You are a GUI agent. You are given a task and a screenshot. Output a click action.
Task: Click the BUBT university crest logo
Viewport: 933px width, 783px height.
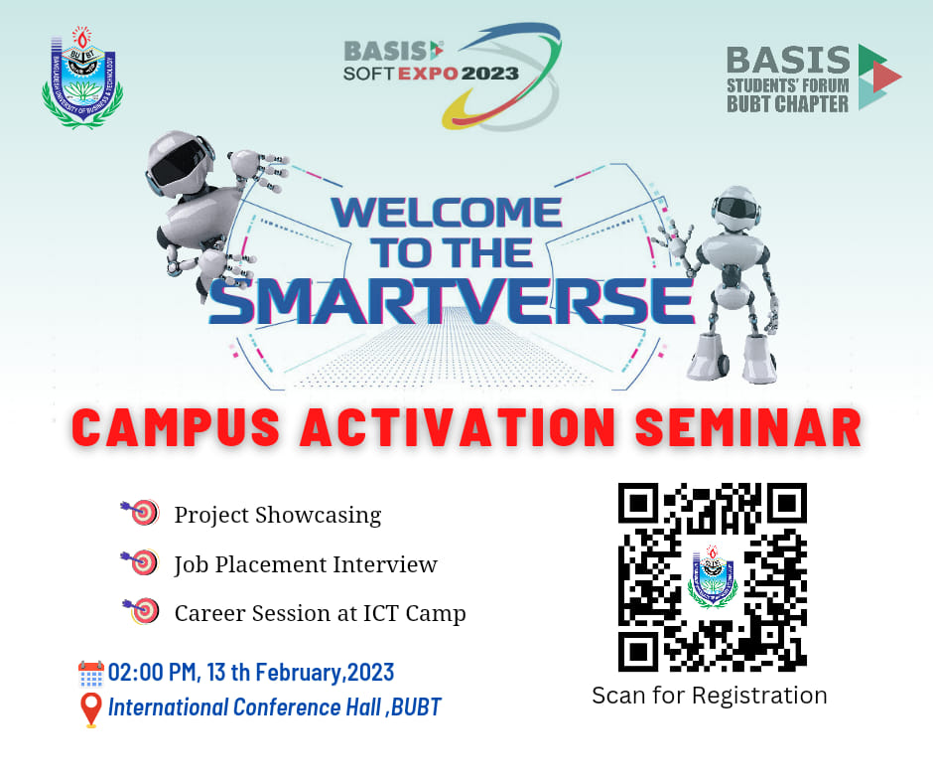pos(82,77)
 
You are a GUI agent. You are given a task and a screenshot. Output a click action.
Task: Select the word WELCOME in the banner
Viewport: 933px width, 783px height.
pos(447,212)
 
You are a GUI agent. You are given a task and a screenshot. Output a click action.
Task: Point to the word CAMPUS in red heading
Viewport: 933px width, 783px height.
pos(176,427)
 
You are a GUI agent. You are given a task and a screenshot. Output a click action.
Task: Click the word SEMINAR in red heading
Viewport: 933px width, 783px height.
pos(748,427)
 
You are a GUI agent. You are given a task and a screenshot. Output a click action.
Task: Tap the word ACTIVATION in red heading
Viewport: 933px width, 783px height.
pos(458,427)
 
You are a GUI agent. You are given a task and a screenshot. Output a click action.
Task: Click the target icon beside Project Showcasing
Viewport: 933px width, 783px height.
pos(141,512)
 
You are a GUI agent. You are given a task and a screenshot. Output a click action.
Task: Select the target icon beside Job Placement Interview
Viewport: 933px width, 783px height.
pos(140,562)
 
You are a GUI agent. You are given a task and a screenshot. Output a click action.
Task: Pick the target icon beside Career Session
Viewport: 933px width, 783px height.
pos(142,611)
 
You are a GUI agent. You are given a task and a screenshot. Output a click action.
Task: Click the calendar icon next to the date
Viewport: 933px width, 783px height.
pos(91,674)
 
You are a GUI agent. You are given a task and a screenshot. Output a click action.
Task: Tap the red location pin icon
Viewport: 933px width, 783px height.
pos(90,710)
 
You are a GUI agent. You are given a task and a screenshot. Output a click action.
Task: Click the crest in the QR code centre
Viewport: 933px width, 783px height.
pos(713,576)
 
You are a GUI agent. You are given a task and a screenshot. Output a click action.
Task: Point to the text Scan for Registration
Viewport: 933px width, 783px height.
pos(710,696)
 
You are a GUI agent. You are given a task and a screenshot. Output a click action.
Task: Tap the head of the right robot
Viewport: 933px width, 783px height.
pos(736,209)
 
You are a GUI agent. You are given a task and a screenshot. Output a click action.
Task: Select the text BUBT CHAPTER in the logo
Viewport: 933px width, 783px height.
pos(787,104)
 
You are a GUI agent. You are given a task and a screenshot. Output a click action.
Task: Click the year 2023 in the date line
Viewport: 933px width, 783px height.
pos(370,672)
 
